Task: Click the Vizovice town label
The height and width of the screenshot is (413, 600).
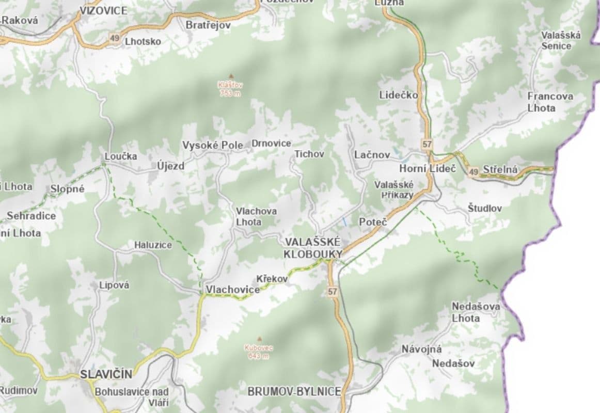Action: pyautogui.click(x=103, y=10)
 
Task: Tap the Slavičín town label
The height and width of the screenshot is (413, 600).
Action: pyautogui.click(x=106, y=374)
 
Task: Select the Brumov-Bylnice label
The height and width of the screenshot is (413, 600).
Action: pyautogui.click(x=294, y=392)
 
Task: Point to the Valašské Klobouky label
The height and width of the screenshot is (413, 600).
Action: pyautogui.click(x=312, y=248)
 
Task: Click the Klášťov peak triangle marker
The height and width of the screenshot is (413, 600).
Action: pyautogui.click(x=230, y=75)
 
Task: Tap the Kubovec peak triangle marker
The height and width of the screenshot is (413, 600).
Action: pyautogui.click(x=259, y=339)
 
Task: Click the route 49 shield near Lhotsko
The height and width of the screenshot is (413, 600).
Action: pyautogui.click(x=114, y=38)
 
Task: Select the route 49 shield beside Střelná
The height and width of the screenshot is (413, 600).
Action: pyautogui.click(x=473, y=170)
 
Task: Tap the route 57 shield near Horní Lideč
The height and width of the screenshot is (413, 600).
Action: pyautogui.click(x=427, y=145)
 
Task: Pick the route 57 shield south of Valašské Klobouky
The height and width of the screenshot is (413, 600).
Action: pyautogui.click(x=332, y=292)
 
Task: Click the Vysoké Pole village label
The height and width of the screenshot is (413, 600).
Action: pyautogui.click(x=212, y=146)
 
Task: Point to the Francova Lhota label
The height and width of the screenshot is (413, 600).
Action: pyautogui.click(x=550, y=102)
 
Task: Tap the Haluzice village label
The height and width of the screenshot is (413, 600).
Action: pyautogui.click(x=153, y=245)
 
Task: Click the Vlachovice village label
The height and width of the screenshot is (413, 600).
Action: pyautogui.click(x=233, y=290)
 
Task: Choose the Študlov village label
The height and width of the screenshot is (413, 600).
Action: pyautogui.click(x=484, y=208)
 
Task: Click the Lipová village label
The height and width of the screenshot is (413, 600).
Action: pyautogui.click(x=114, y=285)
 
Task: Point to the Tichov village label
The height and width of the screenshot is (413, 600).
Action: pyautogui.click(x=309, y=154)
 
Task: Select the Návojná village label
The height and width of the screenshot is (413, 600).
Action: pyautogui.click(x=421, y=349)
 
